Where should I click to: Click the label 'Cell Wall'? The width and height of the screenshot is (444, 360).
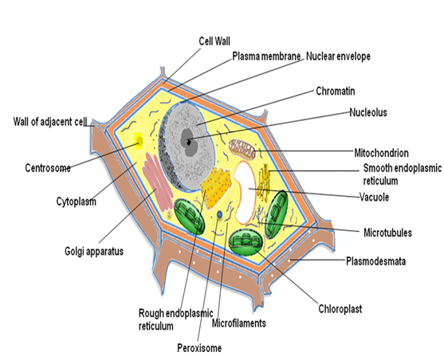[x=214, y=41]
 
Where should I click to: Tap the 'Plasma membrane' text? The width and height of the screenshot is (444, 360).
[x=266, y=57]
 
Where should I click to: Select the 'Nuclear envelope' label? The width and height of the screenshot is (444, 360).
[x=338, y=57]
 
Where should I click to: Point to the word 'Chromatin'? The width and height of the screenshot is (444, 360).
[x=336, y=91]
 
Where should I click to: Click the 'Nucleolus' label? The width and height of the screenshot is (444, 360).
[x=368, y=112]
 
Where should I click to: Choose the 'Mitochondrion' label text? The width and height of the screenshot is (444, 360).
[x=381, y=153]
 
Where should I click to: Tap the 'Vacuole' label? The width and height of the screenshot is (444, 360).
[x=374, y=197]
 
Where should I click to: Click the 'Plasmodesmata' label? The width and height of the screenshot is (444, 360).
[x=375, y=261]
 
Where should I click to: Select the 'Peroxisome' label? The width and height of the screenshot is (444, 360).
[x=199, y=348]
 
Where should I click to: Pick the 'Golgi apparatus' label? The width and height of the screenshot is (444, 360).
[x=94, y=252]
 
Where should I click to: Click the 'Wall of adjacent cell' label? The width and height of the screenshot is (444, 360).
[x=50, y=122]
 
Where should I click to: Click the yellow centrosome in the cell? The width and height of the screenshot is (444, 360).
[x=139, y=141]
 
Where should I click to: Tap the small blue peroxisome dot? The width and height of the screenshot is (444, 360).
[x=219, y=215]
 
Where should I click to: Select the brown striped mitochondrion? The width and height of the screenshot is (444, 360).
[x=242, y=148]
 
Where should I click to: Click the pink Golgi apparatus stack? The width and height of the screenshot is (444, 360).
[x=158, y=182]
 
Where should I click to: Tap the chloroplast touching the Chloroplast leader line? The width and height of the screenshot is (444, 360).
[x=246, y=241]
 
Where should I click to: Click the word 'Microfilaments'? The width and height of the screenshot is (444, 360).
[x=239, y=323]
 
